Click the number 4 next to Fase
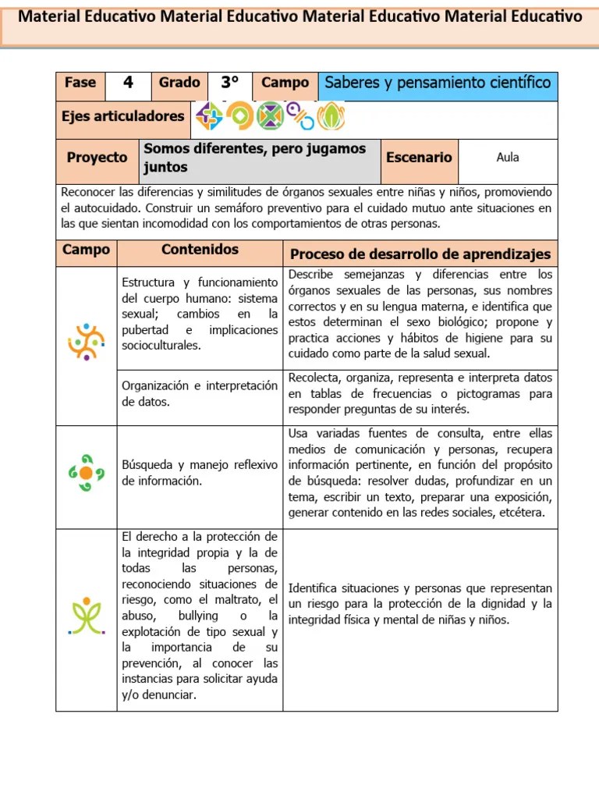tap(128, 83)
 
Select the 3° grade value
tap(229, 83)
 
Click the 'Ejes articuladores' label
tap(122, 116)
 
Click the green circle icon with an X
tap(270, 117)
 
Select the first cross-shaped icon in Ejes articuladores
tap(209, 117)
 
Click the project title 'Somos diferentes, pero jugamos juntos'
tap(254, 158)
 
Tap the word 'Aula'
tap(507, 157)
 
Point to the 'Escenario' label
tap(419, 157)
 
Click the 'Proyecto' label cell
tap(97, 157)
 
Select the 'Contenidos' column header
tap(200, 250)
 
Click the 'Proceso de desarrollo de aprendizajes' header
tap(420, 254)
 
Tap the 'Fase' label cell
tap(80, 83)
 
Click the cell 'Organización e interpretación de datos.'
tap(200, 393)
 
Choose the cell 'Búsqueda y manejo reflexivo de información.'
tap(200, 473)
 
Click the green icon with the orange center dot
tap(86, 473)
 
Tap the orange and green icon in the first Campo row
tap(86, 341)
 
